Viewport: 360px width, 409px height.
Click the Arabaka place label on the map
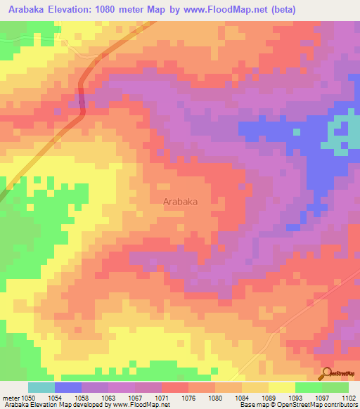pyautogui.click(x=180, y=201)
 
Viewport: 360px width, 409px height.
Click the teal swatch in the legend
pyautogui.click(x=41, y=387)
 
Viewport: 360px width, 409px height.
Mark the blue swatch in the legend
pyautogui.click(x=67, y=387)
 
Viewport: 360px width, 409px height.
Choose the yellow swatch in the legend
pyautogui.click(x=281, y=387)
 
